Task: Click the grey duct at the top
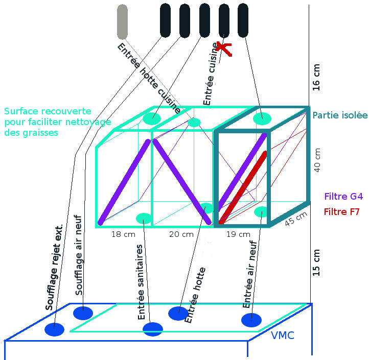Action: point(122,21)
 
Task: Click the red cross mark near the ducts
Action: point(223,48)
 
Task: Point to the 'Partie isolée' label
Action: point(340,115)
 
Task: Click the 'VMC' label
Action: point(283,336)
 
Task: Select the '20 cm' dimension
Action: point(181,234)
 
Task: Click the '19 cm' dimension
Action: point(238,234)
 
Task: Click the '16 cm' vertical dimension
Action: point(316,78)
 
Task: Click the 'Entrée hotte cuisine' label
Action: point(149,78)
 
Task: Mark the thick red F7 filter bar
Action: point(243,186)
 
